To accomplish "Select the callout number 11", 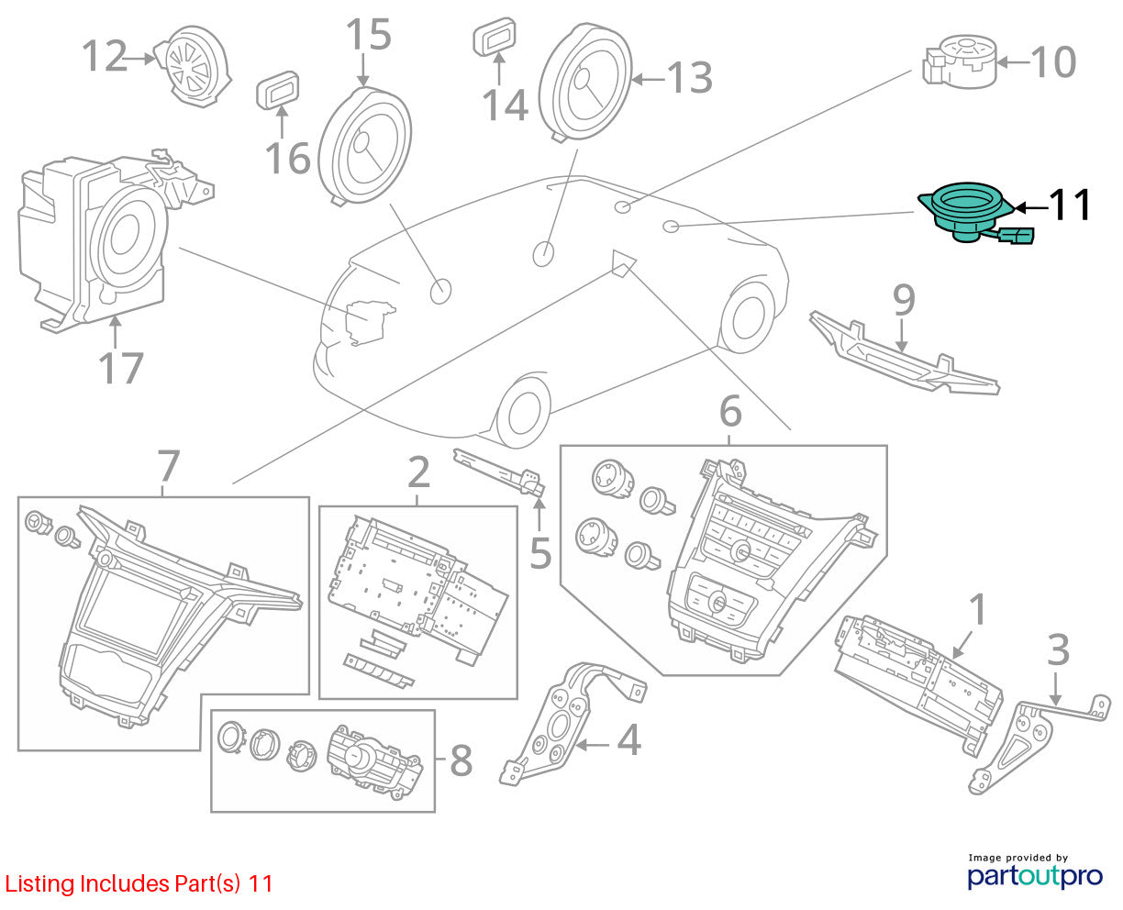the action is [x=1070, y=205].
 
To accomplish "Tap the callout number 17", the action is [x=121, y=368].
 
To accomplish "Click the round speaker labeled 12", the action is [x=193, y=66].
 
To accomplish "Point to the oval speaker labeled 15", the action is [x=365, y=146].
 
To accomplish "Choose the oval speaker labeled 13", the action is [x=585, y=82].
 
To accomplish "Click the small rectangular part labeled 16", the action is [x=278, y=90].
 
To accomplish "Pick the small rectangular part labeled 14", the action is [x=494, y=37].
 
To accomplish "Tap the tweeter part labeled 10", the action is [x=960, y=61].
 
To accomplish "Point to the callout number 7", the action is [x=169, y=466].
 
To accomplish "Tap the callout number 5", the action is [x=540, y=553].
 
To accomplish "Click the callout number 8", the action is [x=461, y=760].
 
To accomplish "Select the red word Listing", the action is [x=39, y=883].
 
